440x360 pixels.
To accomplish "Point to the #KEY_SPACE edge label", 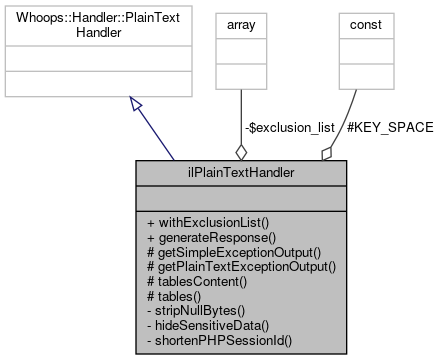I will (389, 128).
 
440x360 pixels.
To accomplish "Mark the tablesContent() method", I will (196, 282).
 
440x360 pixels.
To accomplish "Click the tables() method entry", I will (174, 297).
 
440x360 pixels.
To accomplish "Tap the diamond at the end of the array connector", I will (241, 151).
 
